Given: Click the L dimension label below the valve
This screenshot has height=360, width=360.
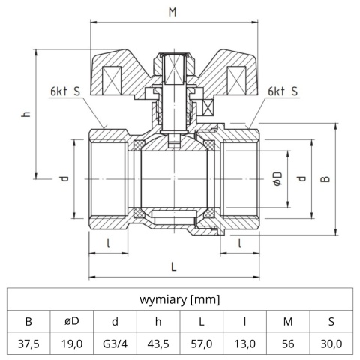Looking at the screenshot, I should (173, 265).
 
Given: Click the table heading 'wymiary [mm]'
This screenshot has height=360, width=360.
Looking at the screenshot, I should (179, 300).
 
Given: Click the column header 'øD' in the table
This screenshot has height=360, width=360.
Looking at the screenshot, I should (71, 322).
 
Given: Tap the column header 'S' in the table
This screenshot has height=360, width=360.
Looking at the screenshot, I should (331, 322).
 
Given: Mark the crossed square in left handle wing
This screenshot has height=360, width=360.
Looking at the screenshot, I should (111, 79).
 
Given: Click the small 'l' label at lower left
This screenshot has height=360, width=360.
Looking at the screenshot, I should (109, 241).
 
